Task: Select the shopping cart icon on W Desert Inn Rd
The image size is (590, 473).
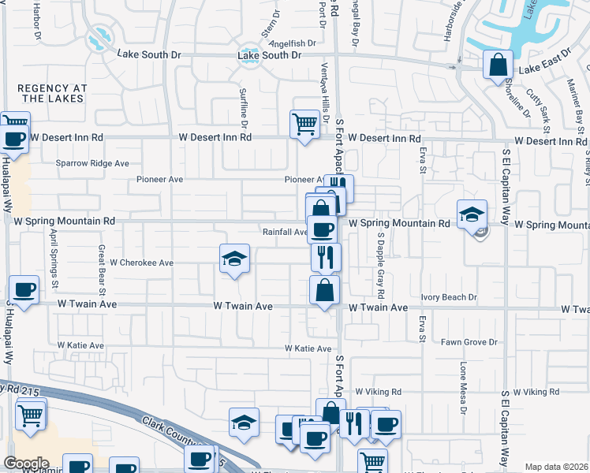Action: [304, 123]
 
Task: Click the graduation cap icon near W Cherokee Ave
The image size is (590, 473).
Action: [234, 259]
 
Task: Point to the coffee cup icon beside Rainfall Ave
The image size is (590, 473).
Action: [322, 230]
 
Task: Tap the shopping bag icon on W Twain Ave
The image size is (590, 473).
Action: [324, 290]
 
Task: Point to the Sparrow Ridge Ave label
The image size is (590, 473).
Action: [92, 164]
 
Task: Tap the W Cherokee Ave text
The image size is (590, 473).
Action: [141, 262]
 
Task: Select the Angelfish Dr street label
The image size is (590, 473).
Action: [292, 43]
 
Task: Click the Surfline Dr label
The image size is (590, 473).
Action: [244, 109]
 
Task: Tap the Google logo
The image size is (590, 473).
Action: [26, 464]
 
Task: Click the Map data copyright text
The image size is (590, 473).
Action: [556, 467]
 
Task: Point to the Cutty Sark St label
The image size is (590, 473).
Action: [545, 110]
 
